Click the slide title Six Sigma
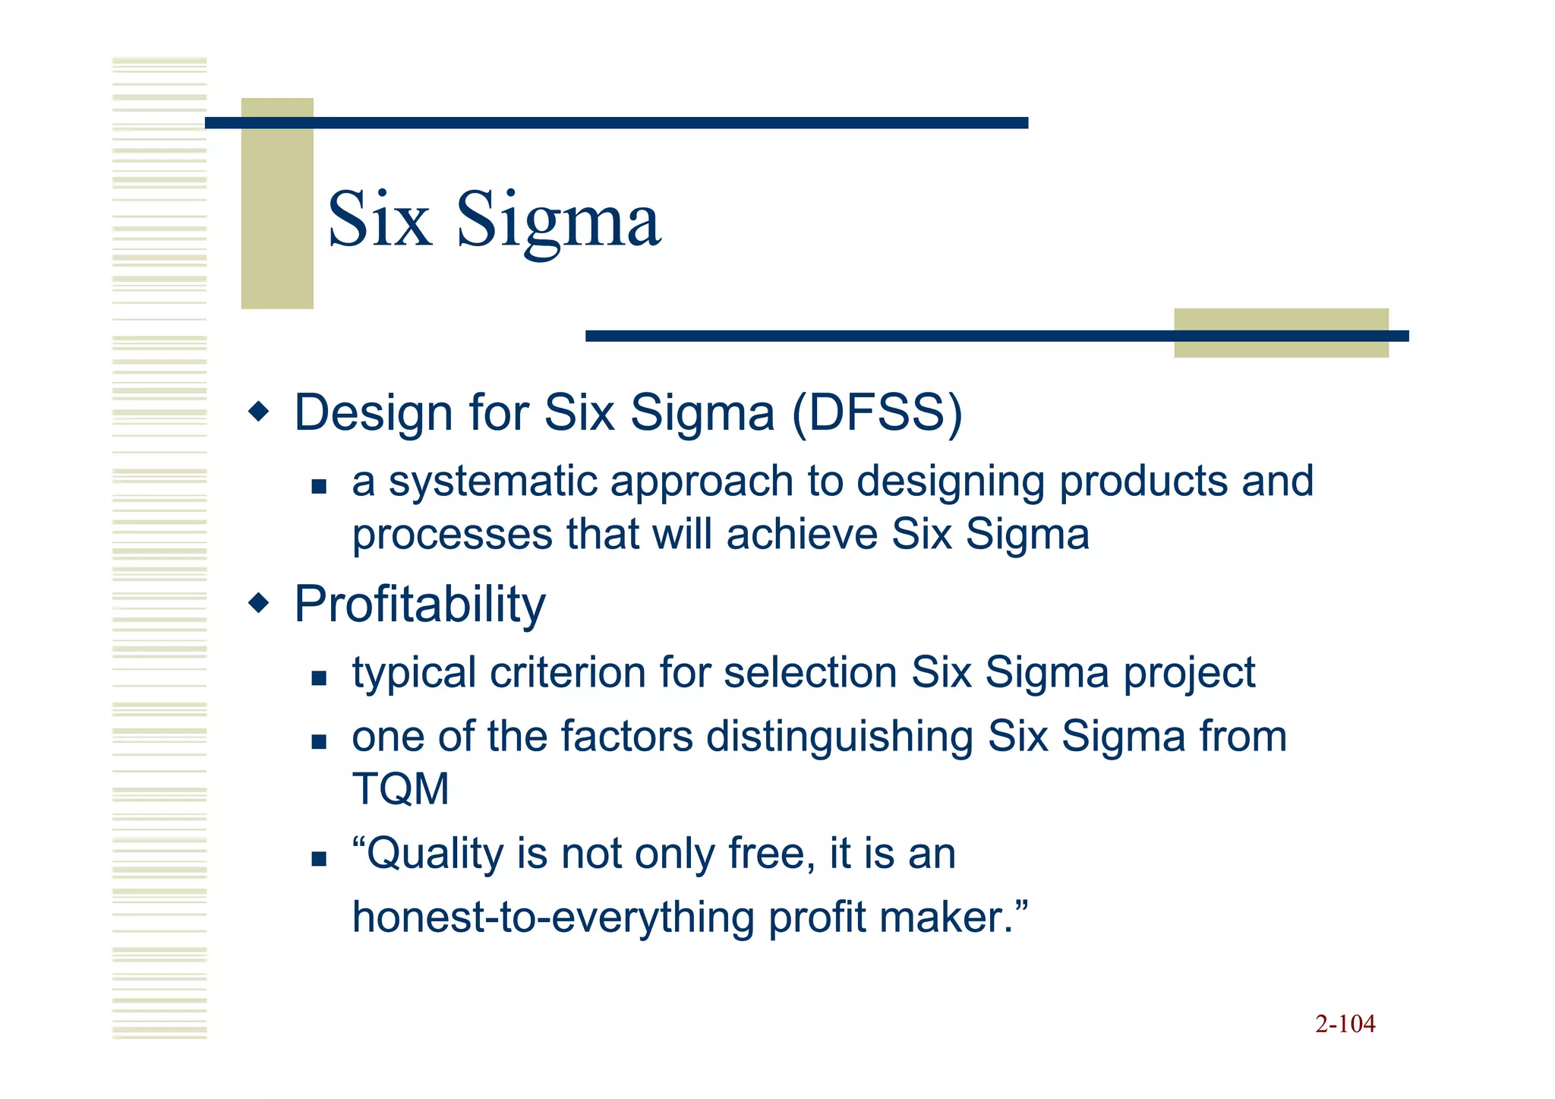[494, 220]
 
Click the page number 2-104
[1345, 1024]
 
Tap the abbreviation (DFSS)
[877, 412]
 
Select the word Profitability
[420, 605]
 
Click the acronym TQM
[400, 788]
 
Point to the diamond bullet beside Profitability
[259, 604]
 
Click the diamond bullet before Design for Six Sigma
[259, 412]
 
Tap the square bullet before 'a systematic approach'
[319, 486]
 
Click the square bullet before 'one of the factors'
[319, 741]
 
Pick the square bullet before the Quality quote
[319, 859]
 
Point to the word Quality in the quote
[434, 854]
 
